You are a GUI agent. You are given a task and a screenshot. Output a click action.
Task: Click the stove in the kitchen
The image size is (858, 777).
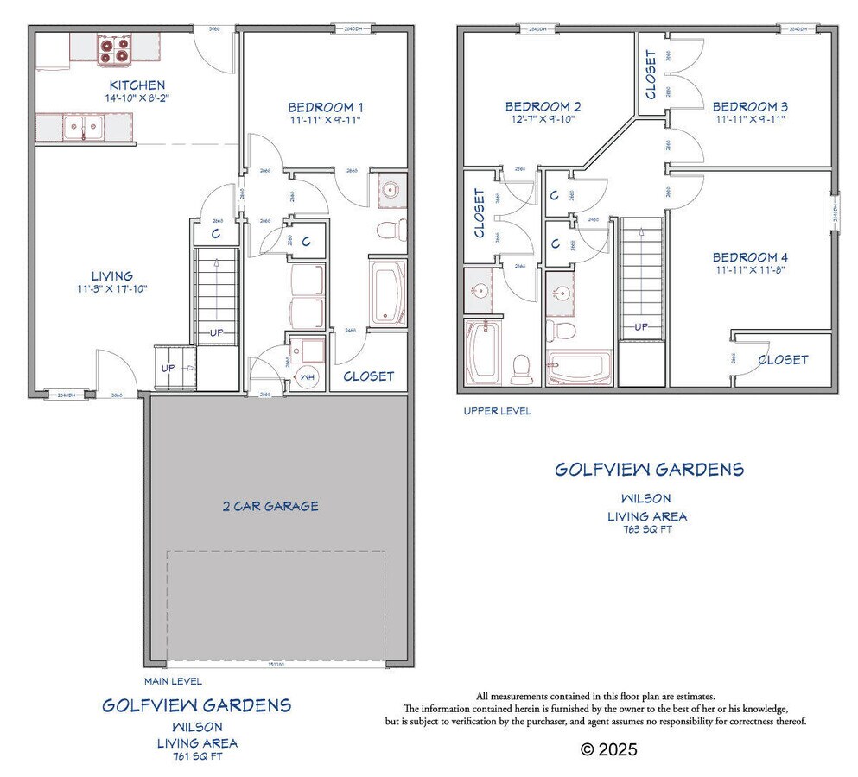[x=114, y=50]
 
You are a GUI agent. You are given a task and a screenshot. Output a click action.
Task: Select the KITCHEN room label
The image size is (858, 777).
[x=137, y=85]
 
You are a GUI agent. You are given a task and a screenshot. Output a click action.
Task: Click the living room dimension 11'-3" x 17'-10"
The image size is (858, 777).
[x=111, y=288]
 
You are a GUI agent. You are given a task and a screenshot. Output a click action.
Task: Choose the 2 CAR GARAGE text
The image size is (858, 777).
[x=270, y=506]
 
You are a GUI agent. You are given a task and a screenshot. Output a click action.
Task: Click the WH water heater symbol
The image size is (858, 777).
[x=305, y=376]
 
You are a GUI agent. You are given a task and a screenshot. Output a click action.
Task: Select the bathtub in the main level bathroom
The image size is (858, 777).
[x=388, y=294]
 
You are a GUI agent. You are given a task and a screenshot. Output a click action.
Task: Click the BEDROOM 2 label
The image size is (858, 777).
[x=543, y=107]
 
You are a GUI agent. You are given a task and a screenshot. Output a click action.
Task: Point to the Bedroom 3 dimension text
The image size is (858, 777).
[x=749, y=120]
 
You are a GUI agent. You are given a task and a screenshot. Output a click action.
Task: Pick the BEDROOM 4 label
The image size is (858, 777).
[x=750, y=257]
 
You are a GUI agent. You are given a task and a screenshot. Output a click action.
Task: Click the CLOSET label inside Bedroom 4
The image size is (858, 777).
[x=783, y=359]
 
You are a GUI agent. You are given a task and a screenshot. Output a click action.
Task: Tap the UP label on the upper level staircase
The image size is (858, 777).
[x=641, y=327]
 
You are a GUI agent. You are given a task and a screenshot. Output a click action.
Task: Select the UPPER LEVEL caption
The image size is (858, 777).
[x=497, y=411]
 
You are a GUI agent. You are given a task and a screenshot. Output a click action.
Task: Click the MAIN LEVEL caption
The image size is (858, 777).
[x=173, y=681]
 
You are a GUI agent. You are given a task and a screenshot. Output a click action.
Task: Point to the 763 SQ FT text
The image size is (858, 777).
[x=646, y=529]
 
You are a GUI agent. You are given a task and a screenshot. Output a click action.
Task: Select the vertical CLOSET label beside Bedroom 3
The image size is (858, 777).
[x=651, y=74]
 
